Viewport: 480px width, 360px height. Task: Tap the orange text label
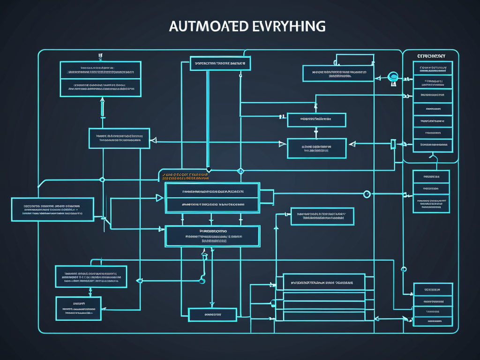[185, 176]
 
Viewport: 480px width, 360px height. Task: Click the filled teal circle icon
[393, 76]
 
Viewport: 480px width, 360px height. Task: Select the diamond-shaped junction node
[240, 171]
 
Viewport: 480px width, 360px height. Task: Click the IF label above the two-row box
[100, 57]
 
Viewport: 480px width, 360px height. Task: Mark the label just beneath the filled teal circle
[393, 85]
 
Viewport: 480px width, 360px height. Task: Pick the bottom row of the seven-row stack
[433, 145]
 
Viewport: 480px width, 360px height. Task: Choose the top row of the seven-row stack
[433, 68]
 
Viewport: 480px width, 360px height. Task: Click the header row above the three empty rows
[323, 283]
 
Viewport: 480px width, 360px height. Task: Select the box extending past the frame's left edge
[52, 209]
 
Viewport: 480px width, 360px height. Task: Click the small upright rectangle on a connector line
[393, 144]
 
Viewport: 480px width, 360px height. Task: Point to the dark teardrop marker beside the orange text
[209, 170]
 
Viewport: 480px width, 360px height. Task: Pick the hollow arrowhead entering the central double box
[159, 198]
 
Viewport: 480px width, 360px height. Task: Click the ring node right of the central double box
[367, 194]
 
